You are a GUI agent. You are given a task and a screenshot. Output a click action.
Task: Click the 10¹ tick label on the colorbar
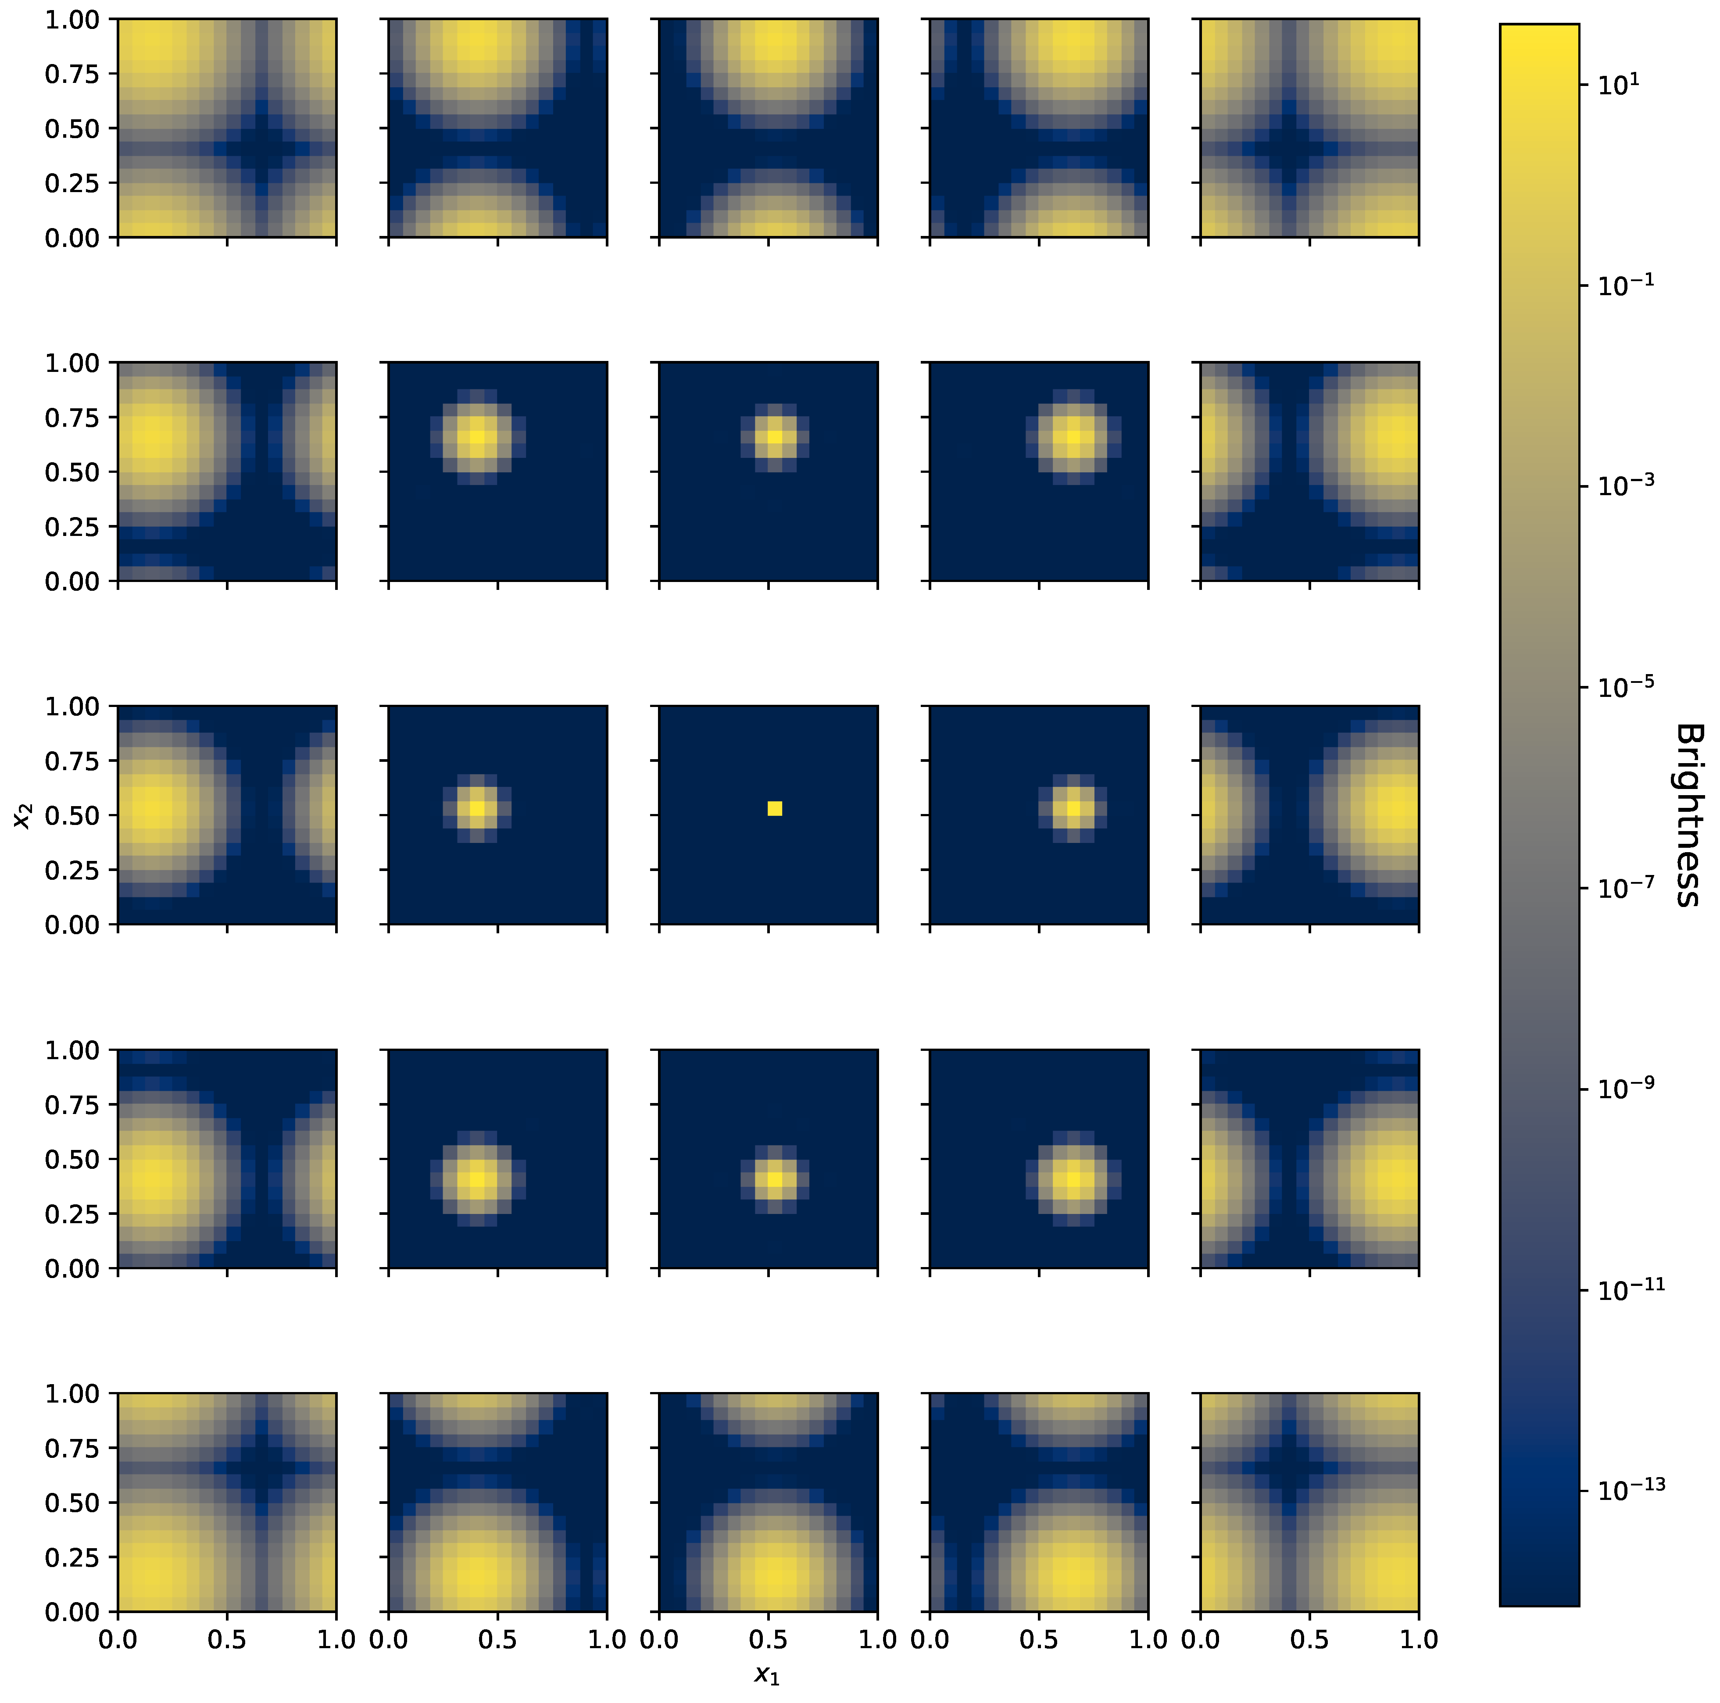coord(1619,85)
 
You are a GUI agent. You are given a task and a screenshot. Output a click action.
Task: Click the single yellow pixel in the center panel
coord(775,808)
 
